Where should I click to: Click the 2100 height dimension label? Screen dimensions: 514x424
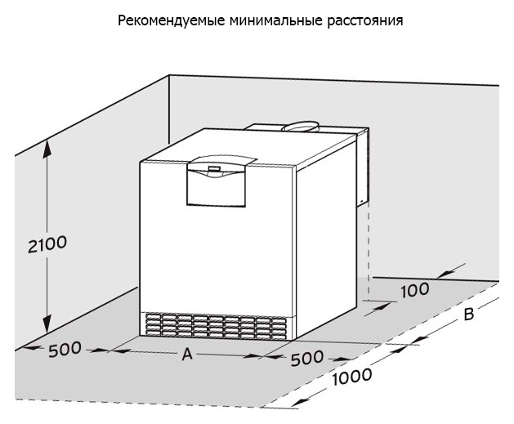(47, 244)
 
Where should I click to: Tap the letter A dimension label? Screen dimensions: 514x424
(187, 354)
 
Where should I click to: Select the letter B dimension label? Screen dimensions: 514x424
(469, 315)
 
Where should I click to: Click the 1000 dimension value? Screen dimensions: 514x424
(352, 377)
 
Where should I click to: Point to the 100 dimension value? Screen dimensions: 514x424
(415, 290)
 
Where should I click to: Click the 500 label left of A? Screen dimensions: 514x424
(65, 350)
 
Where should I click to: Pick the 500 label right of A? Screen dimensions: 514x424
(307, 358)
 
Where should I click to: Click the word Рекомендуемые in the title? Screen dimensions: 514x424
(172, 20)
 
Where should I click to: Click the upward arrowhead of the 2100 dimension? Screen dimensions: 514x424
(47, 147)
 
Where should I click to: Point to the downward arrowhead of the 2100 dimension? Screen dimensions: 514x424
(47, 324)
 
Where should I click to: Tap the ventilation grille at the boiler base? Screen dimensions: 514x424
(216, 325)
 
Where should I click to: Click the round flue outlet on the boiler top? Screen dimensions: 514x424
(300, 127)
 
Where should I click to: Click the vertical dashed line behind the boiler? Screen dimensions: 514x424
(369, 249)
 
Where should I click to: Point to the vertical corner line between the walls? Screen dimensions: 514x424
(169, 109)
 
